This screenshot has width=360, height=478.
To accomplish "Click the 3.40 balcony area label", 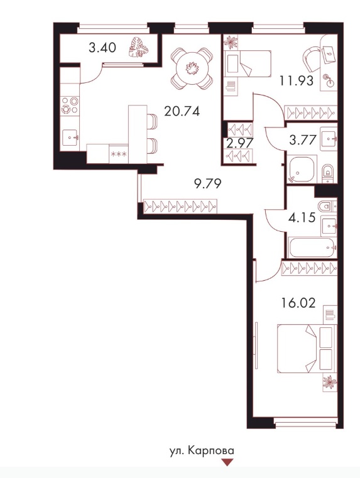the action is click(x=102, y=48).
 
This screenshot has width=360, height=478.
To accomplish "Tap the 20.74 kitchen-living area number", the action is click(x=182, y=111).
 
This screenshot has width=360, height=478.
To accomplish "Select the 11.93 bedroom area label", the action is click(x=297, y=81).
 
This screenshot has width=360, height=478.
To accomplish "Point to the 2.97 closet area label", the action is click(x=241, y=143).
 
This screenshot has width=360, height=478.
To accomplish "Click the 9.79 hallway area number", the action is click(x=207, y=183).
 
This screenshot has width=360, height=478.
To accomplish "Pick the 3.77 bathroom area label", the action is click(x=303, y=141).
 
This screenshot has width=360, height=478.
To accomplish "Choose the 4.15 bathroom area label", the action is click(x=302, y=218).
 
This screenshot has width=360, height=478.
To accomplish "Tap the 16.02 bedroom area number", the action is click(x=298, y=303).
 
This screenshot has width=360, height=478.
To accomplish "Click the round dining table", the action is click(x=192, y=68).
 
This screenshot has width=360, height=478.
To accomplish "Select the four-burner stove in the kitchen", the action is click(x=70, y=105).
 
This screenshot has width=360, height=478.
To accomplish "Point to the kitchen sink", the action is click(x=70, y=138).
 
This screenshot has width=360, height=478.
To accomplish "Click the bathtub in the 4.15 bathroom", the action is click(x=312, y=247).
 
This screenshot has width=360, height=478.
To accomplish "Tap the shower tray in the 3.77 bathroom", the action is click(x=302, y=168).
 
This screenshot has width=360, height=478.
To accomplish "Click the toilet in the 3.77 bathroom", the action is click(x=328, y=173).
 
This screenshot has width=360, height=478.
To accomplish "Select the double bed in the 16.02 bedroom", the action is click(x=306, y=349).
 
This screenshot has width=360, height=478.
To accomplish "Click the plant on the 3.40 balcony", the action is click(x=138, y=48).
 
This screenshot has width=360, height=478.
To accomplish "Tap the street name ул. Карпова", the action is click(x=202, y=451).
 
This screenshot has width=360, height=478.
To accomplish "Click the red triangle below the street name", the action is click(x=227, y=462).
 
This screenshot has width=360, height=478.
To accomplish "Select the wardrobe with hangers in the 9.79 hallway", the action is click(x=180, y=207).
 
